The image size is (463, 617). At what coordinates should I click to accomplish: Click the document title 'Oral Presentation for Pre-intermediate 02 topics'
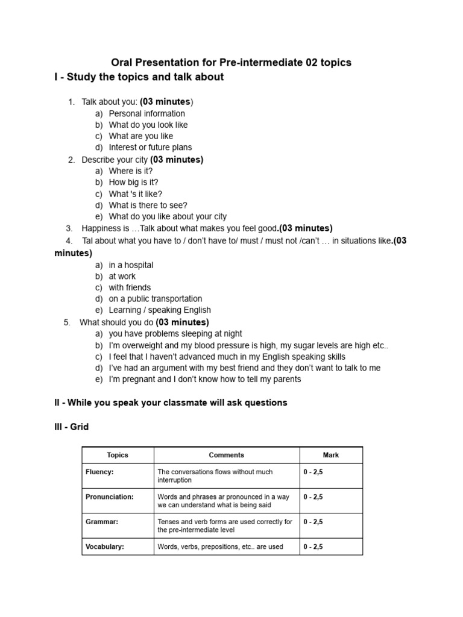pyautogui.click(x=231, y=63)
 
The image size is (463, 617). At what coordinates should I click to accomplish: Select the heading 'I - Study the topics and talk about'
pyautogui.click(x=139, y=77)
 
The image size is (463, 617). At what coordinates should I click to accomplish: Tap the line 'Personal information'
pyautogui.click(x=146, y=113)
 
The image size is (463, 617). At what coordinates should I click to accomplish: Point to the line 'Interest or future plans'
pyautogui.click(x=150, y=147)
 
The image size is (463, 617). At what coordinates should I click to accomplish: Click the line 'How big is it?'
pyautogui.click(x=133, y=182)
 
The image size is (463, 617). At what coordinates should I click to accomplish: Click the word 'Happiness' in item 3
pyautogui.click(x=101, y=228)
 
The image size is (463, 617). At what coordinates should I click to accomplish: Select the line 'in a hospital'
pyautogui.click(x=131, y=265)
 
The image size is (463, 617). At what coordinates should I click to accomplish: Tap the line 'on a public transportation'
pyautogui.click(x=155, y=299)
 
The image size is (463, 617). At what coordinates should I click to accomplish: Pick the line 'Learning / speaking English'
pyautogui.click(x=160, y=310)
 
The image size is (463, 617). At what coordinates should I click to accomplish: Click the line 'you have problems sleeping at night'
pyautogui.click(x=175, y=333)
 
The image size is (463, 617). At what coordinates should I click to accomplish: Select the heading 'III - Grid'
pyautogui.click(x=71, y=427)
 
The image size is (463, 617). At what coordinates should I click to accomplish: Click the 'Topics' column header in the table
pyautogui.click(x=118, y=455)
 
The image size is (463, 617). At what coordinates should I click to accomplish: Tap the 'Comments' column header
pyautogui.click(x=226, y=455)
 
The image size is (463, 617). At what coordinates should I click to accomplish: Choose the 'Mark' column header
pyautogui.click(x=330, y=455)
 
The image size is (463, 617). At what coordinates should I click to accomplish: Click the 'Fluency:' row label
pyautogui.click(x=99, y=472)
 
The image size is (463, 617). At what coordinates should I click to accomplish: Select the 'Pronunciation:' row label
pyautogui.click(x=109, y=497)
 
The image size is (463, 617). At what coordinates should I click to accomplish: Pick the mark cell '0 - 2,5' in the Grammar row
pyautogui.click(x=313, y=522)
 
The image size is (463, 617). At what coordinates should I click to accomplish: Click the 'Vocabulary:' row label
pyautogui.click(x=104, y=547)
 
